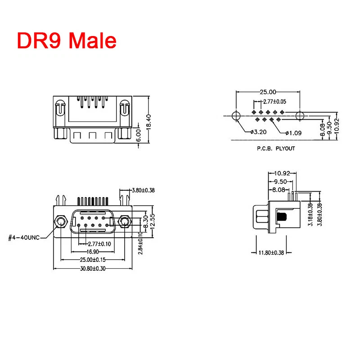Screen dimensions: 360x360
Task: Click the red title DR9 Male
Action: (67, 40)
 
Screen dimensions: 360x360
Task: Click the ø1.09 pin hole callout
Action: (293, 133)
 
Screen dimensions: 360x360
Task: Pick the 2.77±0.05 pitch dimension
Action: (274, 101)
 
